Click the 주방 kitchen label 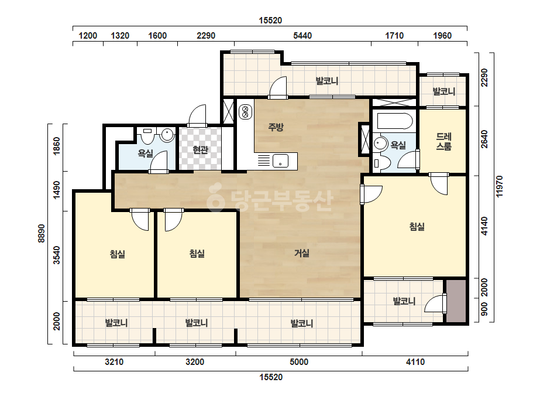tap(276, 127)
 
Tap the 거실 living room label tap(302, 253)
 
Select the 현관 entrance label tap(201, 150)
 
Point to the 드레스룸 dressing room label tap(444, 141)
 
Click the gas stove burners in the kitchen tap(245, 111)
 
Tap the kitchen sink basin tap(280, 161)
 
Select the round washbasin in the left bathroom tap(168, 135)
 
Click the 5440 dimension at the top tap(302, 36)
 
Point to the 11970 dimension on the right tap(500, 186)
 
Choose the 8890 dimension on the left tap(42, 234)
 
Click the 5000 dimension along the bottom tap(299, 362)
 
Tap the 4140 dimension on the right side tap(484, 226)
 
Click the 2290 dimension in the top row tap(206, 36)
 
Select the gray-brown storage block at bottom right tap(456, 301)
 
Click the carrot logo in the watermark tap(215, 197)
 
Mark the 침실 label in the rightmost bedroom tap(417, 227)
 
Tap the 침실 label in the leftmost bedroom tap(118, 254)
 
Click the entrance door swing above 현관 tap(197, 115)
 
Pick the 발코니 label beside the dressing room tap(444, 91)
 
